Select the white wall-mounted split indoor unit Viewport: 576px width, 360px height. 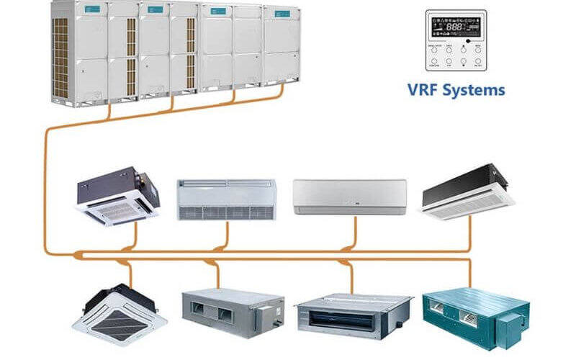[x=349, y=197]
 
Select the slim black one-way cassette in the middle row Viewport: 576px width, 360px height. [x=469, y=192]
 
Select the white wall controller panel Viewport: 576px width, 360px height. [x=456, y=42]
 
